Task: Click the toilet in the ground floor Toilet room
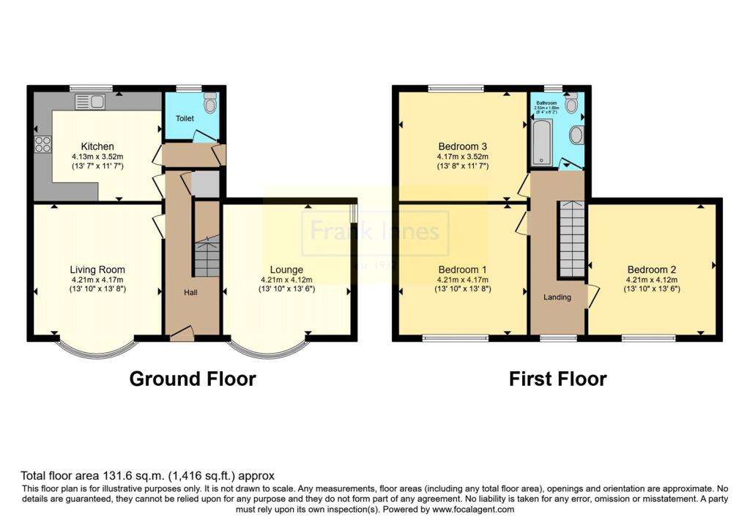tap(210, 105)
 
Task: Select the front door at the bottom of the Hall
tap(182, 335)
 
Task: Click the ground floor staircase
tap(207, 256)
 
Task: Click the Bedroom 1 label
tap(462, 269)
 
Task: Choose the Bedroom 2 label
tap(651, 269)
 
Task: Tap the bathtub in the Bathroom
tap(541, 142)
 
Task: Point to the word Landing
tap(556, 297)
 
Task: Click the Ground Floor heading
tap(193, 379)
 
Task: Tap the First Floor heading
tap(557, 379)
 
